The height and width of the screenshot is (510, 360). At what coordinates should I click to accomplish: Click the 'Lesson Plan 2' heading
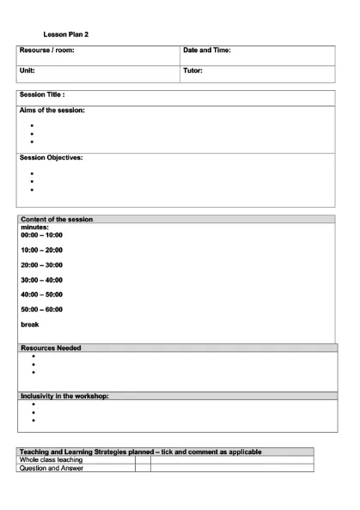pyautogui.click(x=66, y=34)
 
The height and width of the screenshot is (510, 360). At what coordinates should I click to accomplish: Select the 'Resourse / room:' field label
pyautogui.click(x=47, y=52)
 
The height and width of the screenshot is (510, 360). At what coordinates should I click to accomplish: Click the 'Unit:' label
pyautogui.click(x=27, y=71)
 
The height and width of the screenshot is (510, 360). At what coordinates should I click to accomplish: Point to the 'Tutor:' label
pyautogui.click(x=192, y=71)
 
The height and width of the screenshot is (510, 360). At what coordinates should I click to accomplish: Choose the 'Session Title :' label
pyautogui.click(x=43, y=95)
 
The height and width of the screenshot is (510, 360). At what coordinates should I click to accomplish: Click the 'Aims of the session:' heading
pyautogui.click(x=52, y=111)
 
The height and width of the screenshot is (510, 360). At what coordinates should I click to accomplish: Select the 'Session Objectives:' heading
pyautogui.click(x=51, y=158)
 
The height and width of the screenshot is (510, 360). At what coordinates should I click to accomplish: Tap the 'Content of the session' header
pyautogui.click(x=56, y=220)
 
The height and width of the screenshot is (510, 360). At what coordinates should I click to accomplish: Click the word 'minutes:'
pyautogui.click(x=34, y=227)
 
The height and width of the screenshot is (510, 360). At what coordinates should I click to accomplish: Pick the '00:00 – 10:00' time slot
pyautogui.click(x=41, y=234)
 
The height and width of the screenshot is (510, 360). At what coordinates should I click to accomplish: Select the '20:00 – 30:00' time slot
pyautogui.click(x=41, y=264)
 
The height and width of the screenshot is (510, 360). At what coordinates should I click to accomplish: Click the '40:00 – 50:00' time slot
pyautogui.click(x=41, y=294)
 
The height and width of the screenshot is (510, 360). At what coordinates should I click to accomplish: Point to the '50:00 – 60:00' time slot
pyautogui.click(x=41, y=309)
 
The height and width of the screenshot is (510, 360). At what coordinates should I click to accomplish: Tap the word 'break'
pyautogui.click(x=29, y=325)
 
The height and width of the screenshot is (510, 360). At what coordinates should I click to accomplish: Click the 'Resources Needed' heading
pyautogui.click(x=51, y=348)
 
